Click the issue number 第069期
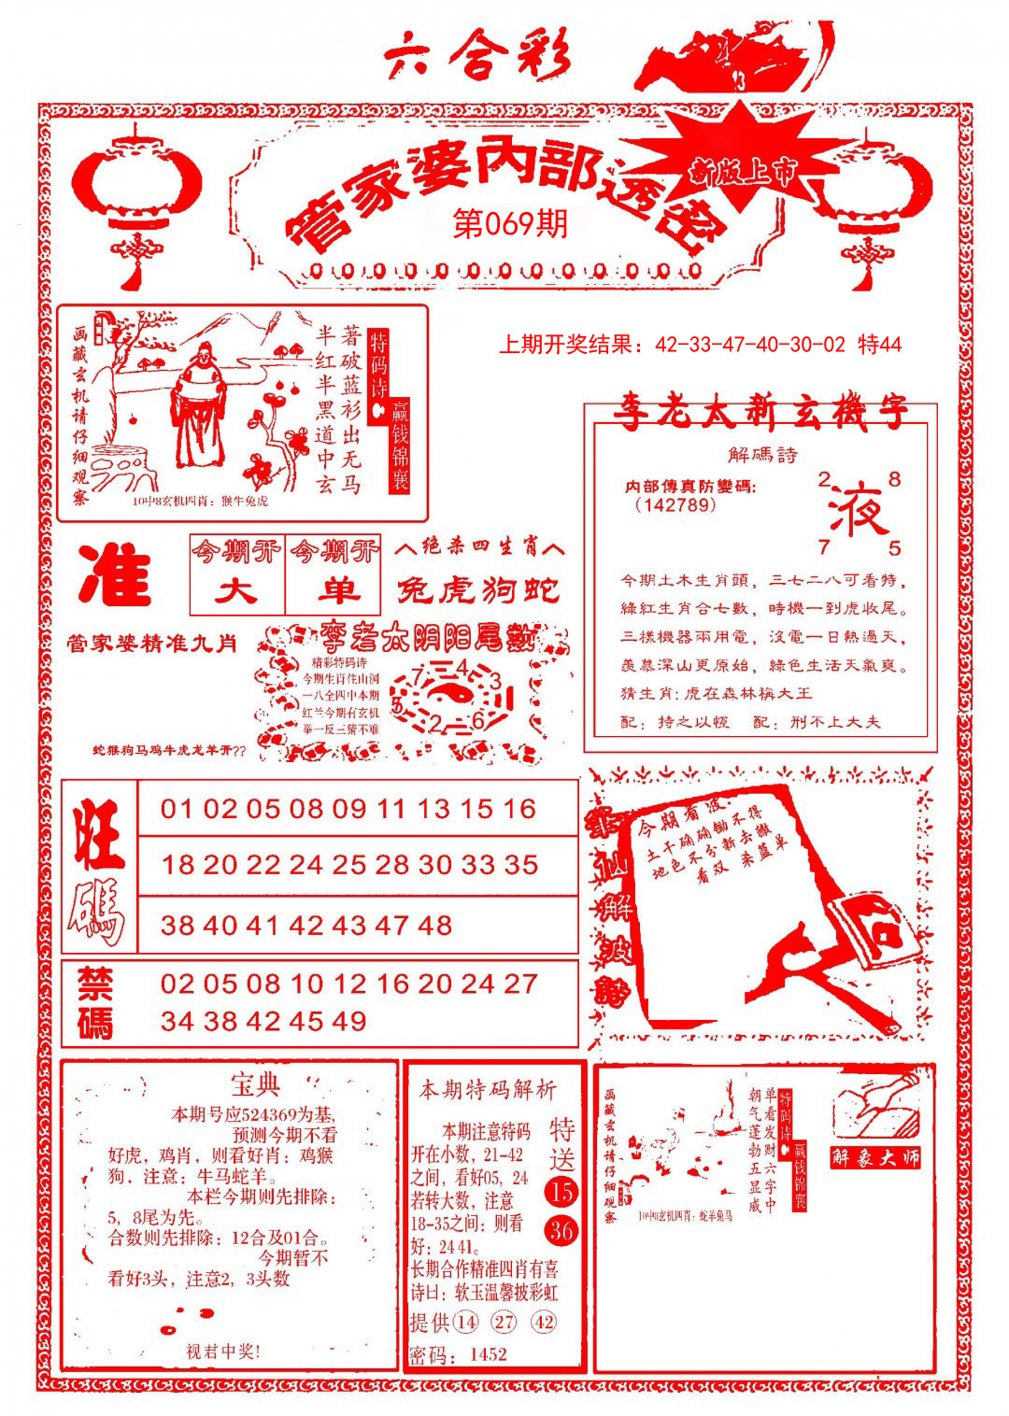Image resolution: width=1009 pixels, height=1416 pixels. (x=510, y=224)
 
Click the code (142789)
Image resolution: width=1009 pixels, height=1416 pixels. (x=675, y=505)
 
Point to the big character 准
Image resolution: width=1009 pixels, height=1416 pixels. (x=115, y=576)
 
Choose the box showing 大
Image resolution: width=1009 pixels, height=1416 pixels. (x=237, y=590)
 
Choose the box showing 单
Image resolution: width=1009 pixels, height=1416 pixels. (x=334, y=590)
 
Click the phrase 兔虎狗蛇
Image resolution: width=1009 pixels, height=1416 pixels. (x=479, y=590)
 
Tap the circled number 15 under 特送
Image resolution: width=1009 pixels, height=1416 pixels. (x=561, y=1191)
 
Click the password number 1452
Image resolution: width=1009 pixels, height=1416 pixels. (x=488, y=1354)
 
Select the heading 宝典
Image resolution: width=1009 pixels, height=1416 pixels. (x=255, y=1085)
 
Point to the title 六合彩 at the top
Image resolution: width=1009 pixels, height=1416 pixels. (x=477, y=60)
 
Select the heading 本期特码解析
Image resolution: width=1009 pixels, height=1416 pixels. (x=487, y=1089)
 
